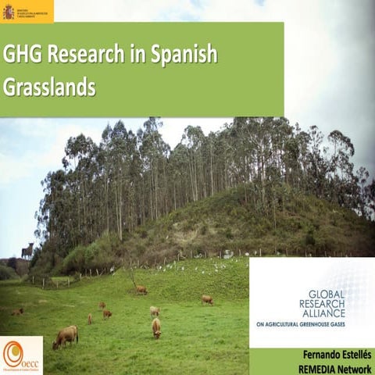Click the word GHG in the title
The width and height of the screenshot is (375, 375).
click(x=23, y=55)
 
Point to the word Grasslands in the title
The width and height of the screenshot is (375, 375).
click(x=48, y=87)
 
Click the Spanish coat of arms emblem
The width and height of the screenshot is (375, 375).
click(x=9, y=11)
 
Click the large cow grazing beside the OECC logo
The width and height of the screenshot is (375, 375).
click(x=66, y=336)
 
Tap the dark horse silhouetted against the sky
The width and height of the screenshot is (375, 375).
click(x=27, y=250)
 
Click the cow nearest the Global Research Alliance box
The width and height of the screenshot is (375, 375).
click(x=207, y=299)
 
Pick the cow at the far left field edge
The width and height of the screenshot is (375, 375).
click(x=17, y=311)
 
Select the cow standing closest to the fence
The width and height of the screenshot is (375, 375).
click(x=141, y=290)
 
